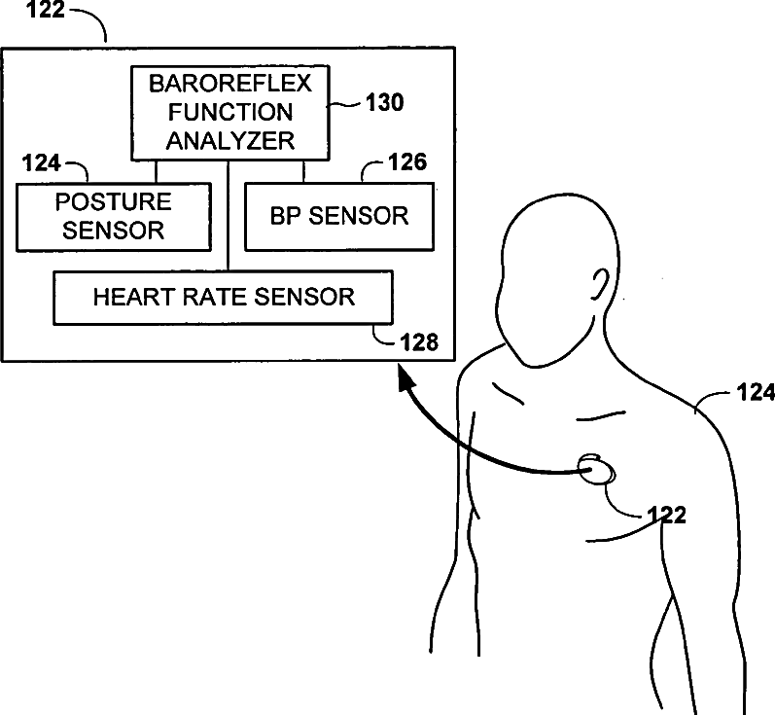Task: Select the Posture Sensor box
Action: (114, 216)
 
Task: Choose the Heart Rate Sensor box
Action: (223, 297)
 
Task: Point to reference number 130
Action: (383, 102)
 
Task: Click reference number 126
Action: (406, 162)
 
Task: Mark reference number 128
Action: (419, 341)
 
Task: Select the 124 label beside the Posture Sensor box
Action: (40, 161)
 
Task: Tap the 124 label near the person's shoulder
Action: (755, 393)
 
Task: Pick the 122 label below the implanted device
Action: (666, 515)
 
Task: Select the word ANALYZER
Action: (229, 140)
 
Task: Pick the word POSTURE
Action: (114, 202)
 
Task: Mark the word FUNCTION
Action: (229, 111)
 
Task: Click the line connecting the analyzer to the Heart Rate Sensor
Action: (229, 214)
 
